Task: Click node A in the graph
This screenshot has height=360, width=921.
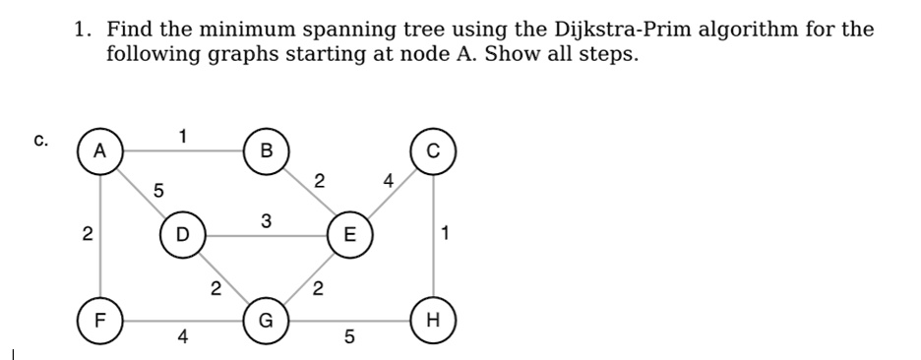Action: point(99,151)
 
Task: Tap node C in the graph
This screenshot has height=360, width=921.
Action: point(434,151)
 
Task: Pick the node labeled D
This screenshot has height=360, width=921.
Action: point(180,236)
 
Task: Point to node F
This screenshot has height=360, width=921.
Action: point(99,320)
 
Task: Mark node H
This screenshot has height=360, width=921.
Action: point(434,320)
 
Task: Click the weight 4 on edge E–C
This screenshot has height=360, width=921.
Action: point(390,180)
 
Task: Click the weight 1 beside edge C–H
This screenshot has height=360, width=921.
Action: point(447,235)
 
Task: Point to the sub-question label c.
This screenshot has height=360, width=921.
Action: point(40,141)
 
